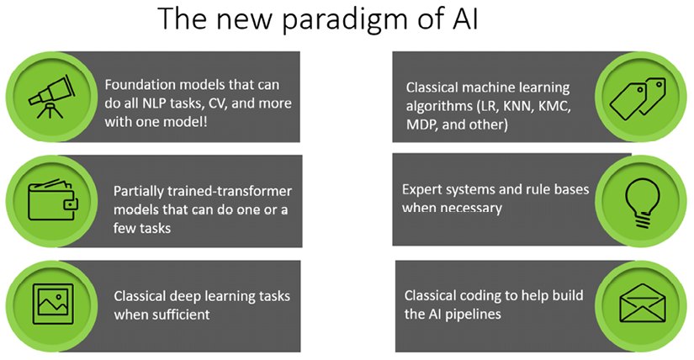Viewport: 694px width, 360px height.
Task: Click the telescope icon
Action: pos(52,97)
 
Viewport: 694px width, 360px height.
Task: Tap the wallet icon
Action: pos(53,199)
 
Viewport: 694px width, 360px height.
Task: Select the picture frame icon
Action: pos(53,304)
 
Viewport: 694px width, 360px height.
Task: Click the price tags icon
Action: pos(638,98)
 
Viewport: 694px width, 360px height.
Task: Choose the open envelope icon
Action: pos(643,304)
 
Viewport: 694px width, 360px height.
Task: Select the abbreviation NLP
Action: pos(155,103)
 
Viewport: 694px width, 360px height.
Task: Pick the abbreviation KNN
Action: pos(518,106)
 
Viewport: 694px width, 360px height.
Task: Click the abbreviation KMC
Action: pos(554,106)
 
